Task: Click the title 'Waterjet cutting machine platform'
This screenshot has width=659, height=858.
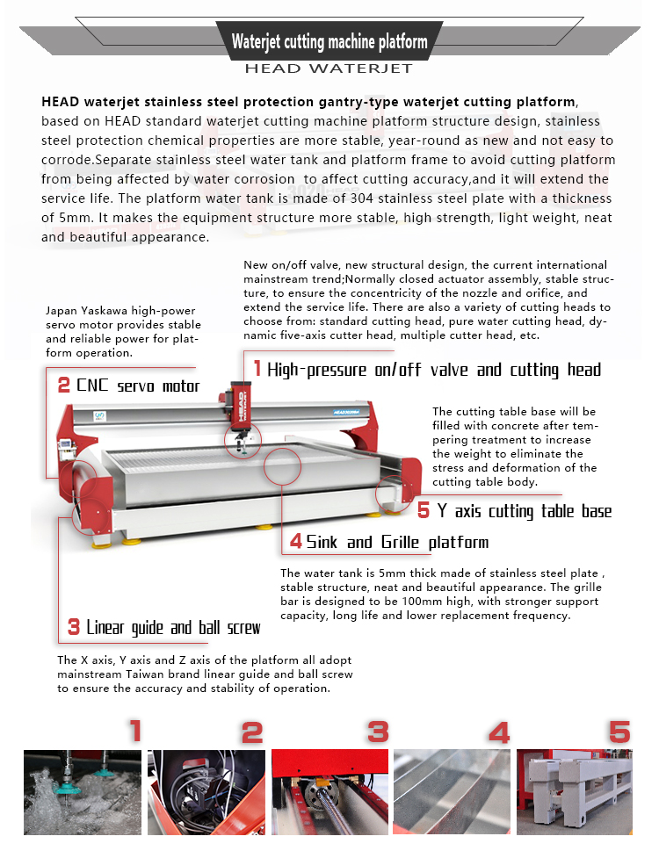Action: [x=329, y=41]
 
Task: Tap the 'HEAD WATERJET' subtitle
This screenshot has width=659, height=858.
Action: [x=329, y=68]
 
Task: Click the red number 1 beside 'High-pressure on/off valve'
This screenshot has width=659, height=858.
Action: [x=257, y=368]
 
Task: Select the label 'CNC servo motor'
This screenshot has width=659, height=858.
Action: [x=138, y=386]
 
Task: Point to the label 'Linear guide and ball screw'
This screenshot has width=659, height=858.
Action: [x=173, y=627]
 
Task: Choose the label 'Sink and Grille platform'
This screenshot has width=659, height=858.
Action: [x=397, y=542]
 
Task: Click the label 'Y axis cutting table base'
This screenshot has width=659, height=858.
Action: [x=525, y=510]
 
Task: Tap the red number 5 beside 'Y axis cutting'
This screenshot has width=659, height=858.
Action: [x=424, y=510]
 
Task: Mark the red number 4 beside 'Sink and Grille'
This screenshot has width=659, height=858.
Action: [x=296, y=542]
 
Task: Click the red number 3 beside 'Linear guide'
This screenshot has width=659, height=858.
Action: [x=75, y=627]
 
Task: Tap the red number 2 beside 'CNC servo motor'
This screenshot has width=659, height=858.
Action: [x=63, y=386]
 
